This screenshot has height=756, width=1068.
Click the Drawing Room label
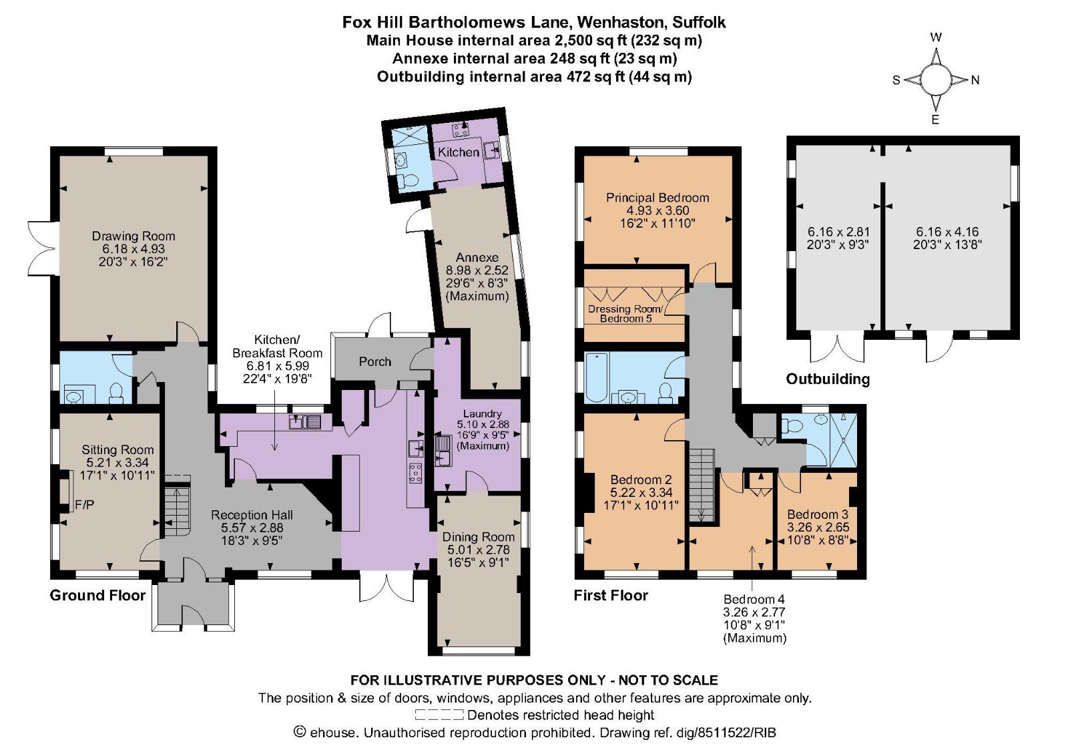click(x=133, y=236)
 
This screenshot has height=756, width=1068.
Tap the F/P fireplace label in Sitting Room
click(x=85, y=505)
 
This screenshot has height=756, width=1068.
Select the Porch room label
click(x=374, y=361)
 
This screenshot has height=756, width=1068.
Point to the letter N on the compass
click(x=975, y=80)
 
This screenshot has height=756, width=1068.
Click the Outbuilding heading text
click(x=828, y=379)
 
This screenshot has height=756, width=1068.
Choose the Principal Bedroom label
click(x=657, y=198)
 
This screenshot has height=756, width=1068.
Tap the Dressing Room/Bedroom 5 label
click(x=625, y=313)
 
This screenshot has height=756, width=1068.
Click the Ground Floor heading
click(x=97, y=595)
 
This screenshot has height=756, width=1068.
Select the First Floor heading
click(x=611, y=595)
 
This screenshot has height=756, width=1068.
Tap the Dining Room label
click(x=479, y=537)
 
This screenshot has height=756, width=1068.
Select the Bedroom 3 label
click(x=818, y=514)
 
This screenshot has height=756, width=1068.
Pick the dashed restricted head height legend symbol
click(x=439, y=715)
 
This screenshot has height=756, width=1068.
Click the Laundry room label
click(x=482, y=413)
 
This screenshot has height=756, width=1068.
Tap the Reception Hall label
click(x=252, y=515)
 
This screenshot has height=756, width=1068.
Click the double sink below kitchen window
click(x=306, y=421)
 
